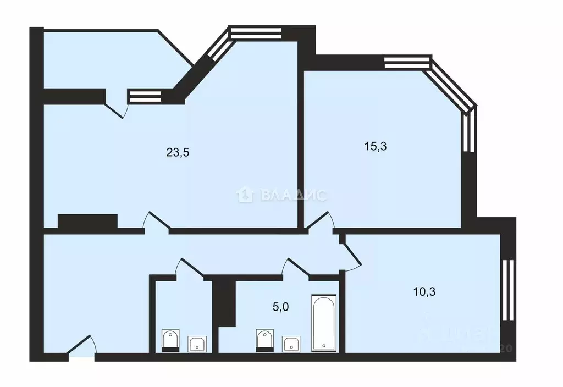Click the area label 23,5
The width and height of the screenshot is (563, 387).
point(178,153)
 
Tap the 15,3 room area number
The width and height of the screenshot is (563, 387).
point(376,146)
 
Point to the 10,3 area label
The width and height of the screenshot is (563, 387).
point(424,292)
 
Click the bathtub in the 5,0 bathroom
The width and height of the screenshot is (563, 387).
point(323,323)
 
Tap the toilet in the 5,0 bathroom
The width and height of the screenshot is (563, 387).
point(265,340)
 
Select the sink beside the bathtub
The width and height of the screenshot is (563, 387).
point(291,344)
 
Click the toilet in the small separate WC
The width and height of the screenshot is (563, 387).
point(171,340)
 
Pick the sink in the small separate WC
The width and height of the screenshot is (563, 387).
point(197,344)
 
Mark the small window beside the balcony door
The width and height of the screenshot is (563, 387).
point(145,97)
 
